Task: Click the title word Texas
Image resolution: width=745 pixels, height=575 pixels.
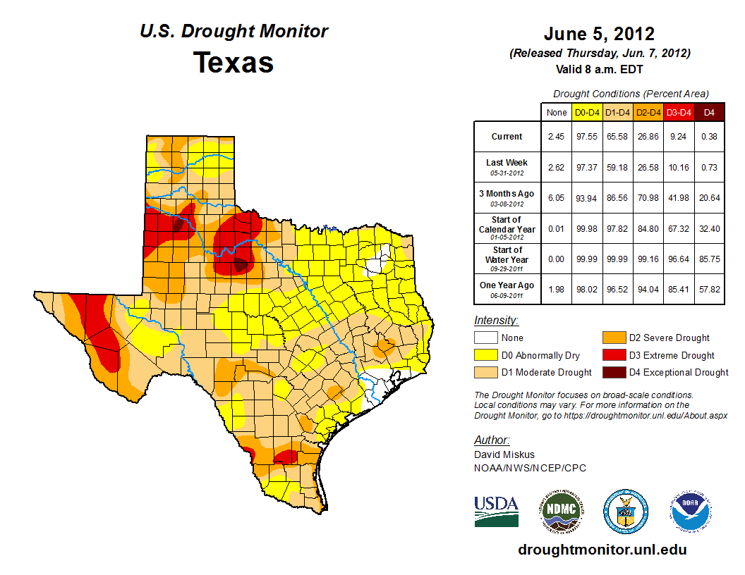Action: click(234, 63)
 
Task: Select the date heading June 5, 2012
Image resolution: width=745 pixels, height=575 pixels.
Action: click(599, 33)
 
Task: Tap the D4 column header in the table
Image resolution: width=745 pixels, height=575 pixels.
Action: click(710, 112)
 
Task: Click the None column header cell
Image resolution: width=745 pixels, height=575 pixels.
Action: click(556, 112)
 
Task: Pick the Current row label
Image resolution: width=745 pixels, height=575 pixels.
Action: click(507, 137)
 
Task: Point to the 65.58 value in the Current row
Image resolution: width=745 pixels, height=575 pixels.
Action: click(618, 137)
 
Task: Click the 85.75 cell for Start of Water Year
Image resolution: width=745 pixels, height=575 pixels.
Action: click(710, 259)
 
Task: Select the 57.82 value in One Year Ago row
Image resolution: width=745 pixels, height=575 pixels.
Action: click(710, 285)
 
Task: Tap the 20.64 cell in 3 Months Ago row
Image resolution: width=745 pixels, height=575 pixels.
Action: click(710, 198)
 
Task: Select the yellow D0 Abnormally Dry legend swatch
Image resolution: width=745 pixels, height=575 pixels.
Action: click(487, 355)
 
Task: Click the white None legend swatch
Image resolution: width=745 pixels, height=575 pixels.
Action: click(487, 338)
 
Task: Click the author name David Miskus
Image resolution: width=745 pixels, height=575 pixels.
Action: click(504, 455)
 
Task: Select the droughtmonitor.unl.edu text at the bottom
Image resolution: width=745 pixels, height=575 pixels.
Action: click(602, 550)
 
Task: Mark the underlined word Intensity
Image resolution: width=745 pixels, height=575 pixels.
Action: click(496, 321)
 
